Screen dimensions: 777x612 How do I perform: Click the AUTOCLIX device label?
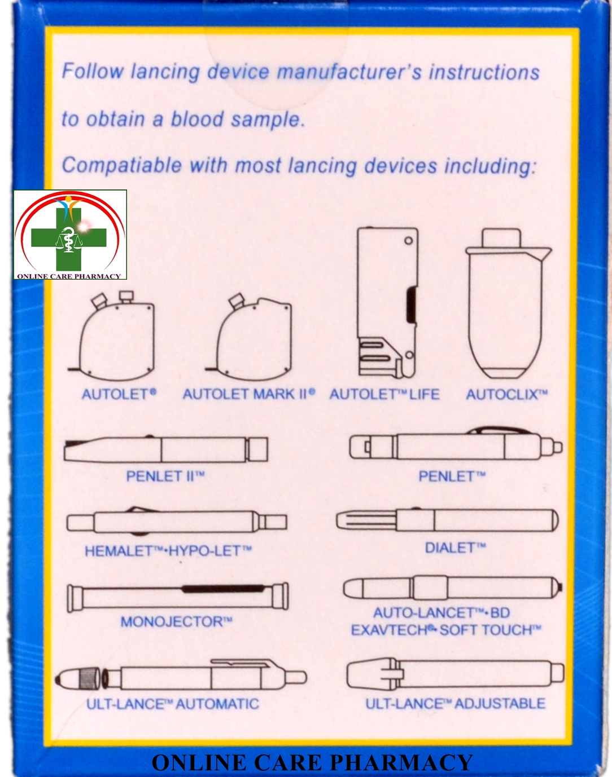tap(506, 394)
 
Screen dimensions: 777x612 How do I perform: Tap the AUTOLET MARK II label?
tap(248, 394)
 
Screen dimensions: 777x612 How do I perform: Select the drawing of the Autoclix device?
tap(507, 304)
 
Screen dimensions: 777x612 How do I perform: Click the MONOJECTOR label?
tap(176, 622)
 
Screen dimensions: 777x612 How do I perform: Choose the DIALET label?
tap(455, 548)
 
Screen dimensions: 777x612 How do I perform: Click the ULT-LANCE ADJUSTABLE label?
tap(455, 704)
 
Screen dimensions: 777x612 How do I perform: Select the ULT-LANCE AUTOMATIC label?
tap(173, 704)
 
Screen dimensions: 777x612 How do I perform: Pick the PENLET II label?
tap(165, 476)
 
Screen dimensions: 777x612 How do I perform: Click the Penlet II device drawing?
tap(166, 449)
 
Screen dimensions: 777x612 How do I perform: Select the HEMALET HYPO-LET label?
tap(168, 550)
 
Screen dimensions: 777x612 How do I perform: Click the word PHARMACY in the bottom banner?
tap(401, 763)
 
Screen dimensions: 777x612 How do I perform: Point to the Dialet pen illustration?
tap(447, 520)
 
